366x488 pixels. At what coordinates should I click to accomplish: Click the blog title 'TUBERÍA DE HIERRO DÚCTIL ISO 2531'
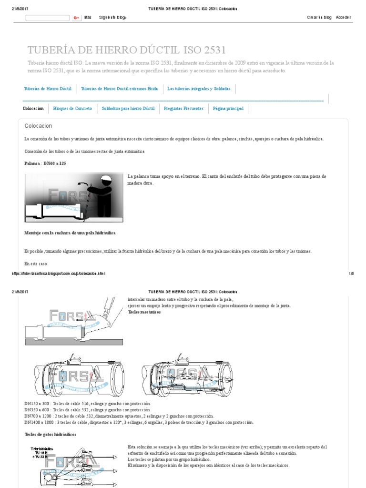127,50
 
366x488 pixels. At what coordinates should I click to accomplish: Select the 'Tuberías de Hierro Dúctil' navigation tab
48,89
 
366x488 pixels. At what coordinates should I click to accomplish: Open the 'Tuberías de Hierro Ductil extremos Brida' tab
120,89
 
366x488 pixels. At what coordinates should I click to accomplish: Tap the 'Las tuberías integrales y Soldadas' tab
199,89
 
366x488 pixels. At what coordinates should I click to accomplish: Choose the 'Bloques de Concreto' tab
73,109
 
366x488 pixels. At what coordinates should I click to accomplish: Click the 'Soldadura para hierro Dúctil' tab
128,109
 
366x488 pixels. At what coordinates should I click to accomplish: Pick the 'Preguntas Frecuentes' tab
183,109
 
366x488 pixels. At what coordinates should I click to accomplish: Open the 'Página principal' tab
228,109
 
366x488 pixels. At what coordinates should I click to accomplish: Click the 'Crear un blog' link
319,18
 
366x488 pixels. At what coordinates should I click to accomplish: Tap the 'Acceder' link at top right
343,18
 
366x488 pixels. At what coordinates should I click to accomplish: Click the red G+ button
76,18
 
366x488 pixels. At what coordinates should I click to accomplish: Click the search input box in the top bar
47,18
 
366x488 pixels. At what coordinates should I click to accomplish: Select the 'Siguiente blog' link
112,18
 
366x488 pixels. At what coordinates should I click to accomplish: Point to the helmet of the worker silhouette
106,180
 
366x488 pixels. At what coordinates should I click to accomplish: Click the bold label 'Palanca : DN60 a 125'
45,163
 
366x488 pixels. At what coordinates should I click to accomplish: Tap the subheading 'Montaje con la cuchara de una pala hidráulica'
70,233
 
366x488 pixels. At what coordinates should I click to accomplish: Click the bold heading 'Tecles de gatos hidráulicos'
50,435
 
